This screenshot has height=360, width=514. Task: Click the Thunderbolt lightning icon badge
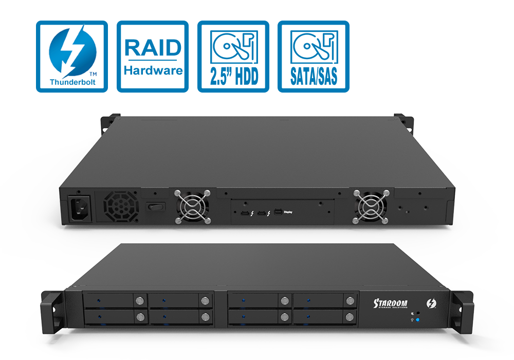point(72,51)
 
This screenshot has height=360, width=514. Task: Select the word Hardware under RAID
point(153,70)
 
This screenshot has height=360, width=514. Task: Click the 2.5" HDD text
point(233,75)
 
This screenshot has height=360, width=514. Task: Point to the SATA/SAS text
point(314,75)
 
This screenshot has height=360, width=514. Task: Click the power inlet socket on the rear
point(78,209)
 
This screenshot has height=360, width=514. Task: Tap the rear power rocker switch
point(154,207)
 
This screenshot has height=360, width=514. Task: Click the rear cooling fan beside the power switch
point(193,207)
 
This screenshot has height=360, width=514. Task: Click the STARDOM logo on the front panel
point(391,303)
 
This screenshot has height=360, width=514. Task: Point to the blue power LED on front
point(417,320)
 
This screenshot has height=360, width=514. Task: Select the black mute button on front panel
point(417,313)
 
